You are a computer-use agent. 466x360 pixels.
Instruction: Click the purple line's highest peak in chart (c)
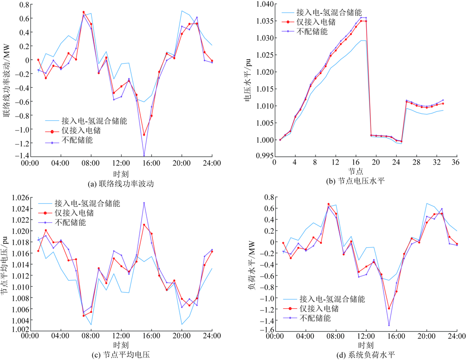point(144,203)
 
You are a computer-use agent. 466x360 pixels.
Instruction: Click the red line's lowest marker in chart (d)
point(389,308)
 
